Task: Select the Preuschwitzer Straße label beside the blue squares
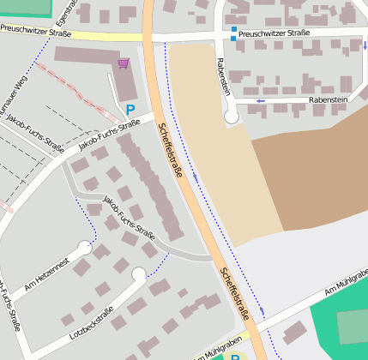tap(274, 33)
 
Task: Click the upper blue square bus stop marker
tap(233, 30)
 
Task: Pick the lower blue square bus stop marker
tap(233, 38)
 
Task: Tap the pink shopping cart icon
tap(124, 63)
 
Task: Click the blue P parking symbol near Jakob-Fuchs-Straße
tap(130, 109)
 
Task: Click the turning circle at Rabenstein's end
tap(231, 117)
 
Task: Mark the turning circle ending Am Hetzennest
tap(85, 248)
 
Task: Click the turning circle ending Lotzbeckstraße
tap(139, 274)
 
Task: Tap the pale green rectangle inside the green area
tap(352, 327)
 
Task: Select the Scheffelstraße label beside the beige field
tap(171, 149)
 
